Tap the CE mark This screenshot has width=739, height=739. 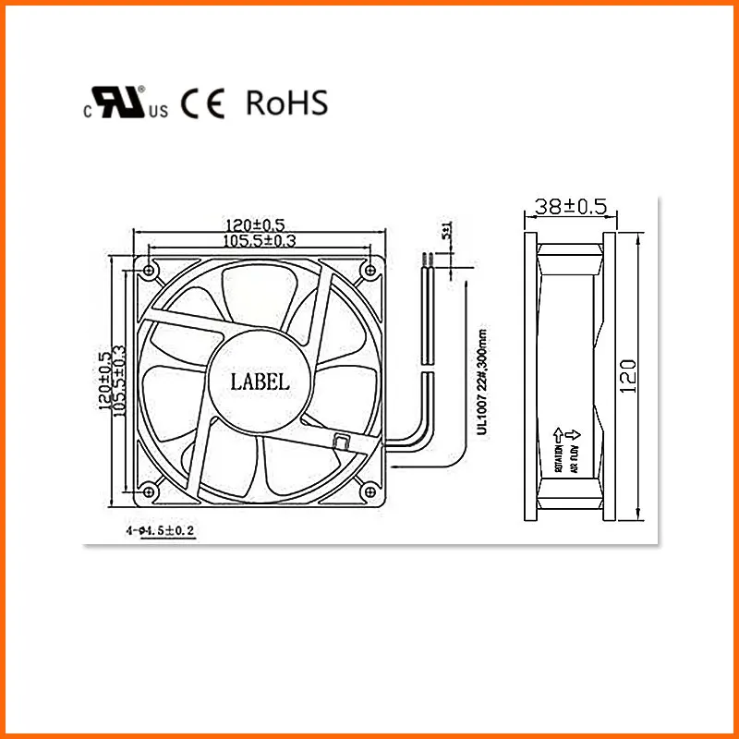coord(202,103)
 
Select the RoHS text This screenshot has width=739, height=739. coord(286,103)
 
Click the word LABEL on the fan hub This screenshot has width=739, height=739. coord(260,380)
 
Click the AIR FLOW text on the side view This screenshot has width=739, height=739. coord(573,458)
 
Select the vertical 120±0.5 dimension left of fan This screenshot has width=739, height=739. coord(104,380)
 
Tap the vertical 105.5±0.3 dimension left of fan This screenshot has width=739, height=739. coord(118,380)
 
